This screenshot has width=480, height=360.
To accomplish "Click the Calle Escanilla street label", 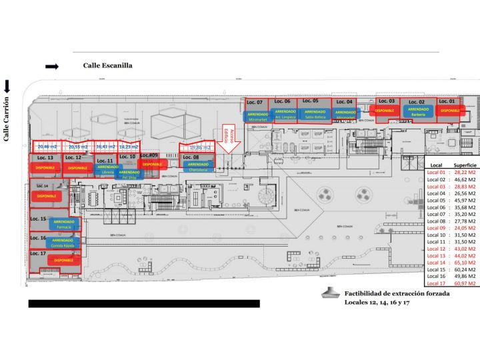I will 107,65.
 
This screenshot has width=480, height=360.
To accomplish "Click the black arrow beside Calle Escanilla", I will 52,66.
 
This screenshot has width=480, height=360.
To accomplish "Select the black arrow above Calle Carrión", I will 7,86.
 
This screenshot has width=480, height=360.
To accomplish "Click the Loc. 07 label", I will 255,102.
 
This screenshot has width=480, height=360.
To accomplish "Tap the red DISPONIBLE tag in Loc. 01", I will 450,110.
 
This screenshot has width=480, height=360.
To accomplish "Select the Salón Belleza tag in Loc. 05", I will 315,114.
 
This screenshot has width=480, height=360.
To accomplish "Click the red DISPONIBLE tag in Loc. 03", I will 385,110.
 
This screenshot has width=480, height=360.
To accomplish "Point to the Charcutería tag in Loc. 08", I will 198,167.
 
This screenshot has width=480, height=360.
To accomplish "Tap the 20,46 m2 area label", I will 47,146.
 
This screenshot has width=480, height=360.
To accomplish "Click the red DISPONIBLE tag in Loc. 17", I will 63,260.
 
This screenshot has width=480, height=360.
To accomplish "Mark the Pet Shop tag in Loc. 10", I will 129,174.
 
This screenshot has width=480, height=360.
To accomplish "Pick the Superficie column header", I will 464,164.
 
